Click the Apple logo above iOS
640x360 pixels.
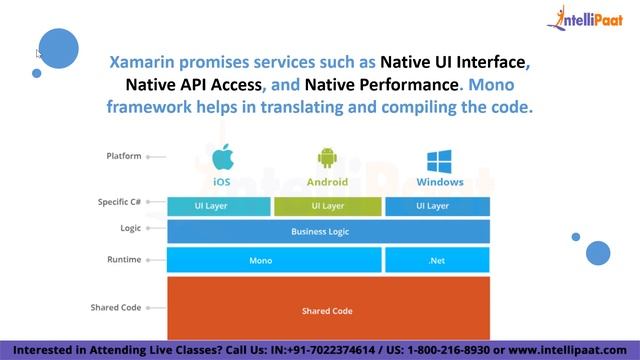pyautogui.click(x=222, y=158)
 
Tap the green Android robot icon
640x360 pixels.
pyautogui.click(x=328, y=158)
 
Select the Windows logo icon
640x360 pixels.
pyautogui.click(x=439, y=160)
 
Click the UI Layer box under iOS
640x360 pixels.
pyautogui.click(x=219, y=206)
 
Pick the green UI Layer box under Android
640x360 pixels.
pyautogui.click(x=328, y=206)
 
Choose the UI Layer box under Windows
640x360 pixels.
pyautogui.click(x=438, y=206)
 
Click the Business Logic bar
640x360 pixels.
pyautogui.click(x=328, y=232)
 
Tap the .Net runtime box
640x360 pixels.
pyautogui.click(x=437, y=260)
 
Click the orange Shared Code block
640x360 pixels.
pyautogui.click(x=328, y=309)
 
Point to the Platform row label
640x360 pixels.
pyautogui.click(x=123, y=156)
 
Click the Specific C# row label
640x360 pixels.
pyautogui.click(x=119, y=202)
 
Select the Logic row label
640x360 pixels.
pyautogui.click(x=130, y=228)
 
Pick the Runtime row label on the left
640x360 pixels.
pyautogui.click(x=124, y=259)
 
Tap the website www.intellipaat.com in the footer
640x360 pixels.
pyautogui.click(x=572, y=350)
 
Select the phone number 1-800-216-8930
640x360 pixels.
pyautogui.click(x=458, y=350)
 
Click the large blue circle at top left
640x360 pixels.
pyautogui.click(x=58, y=48)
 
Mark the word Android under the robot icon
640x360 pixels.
pyautogui.click(x=328, y=182)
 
